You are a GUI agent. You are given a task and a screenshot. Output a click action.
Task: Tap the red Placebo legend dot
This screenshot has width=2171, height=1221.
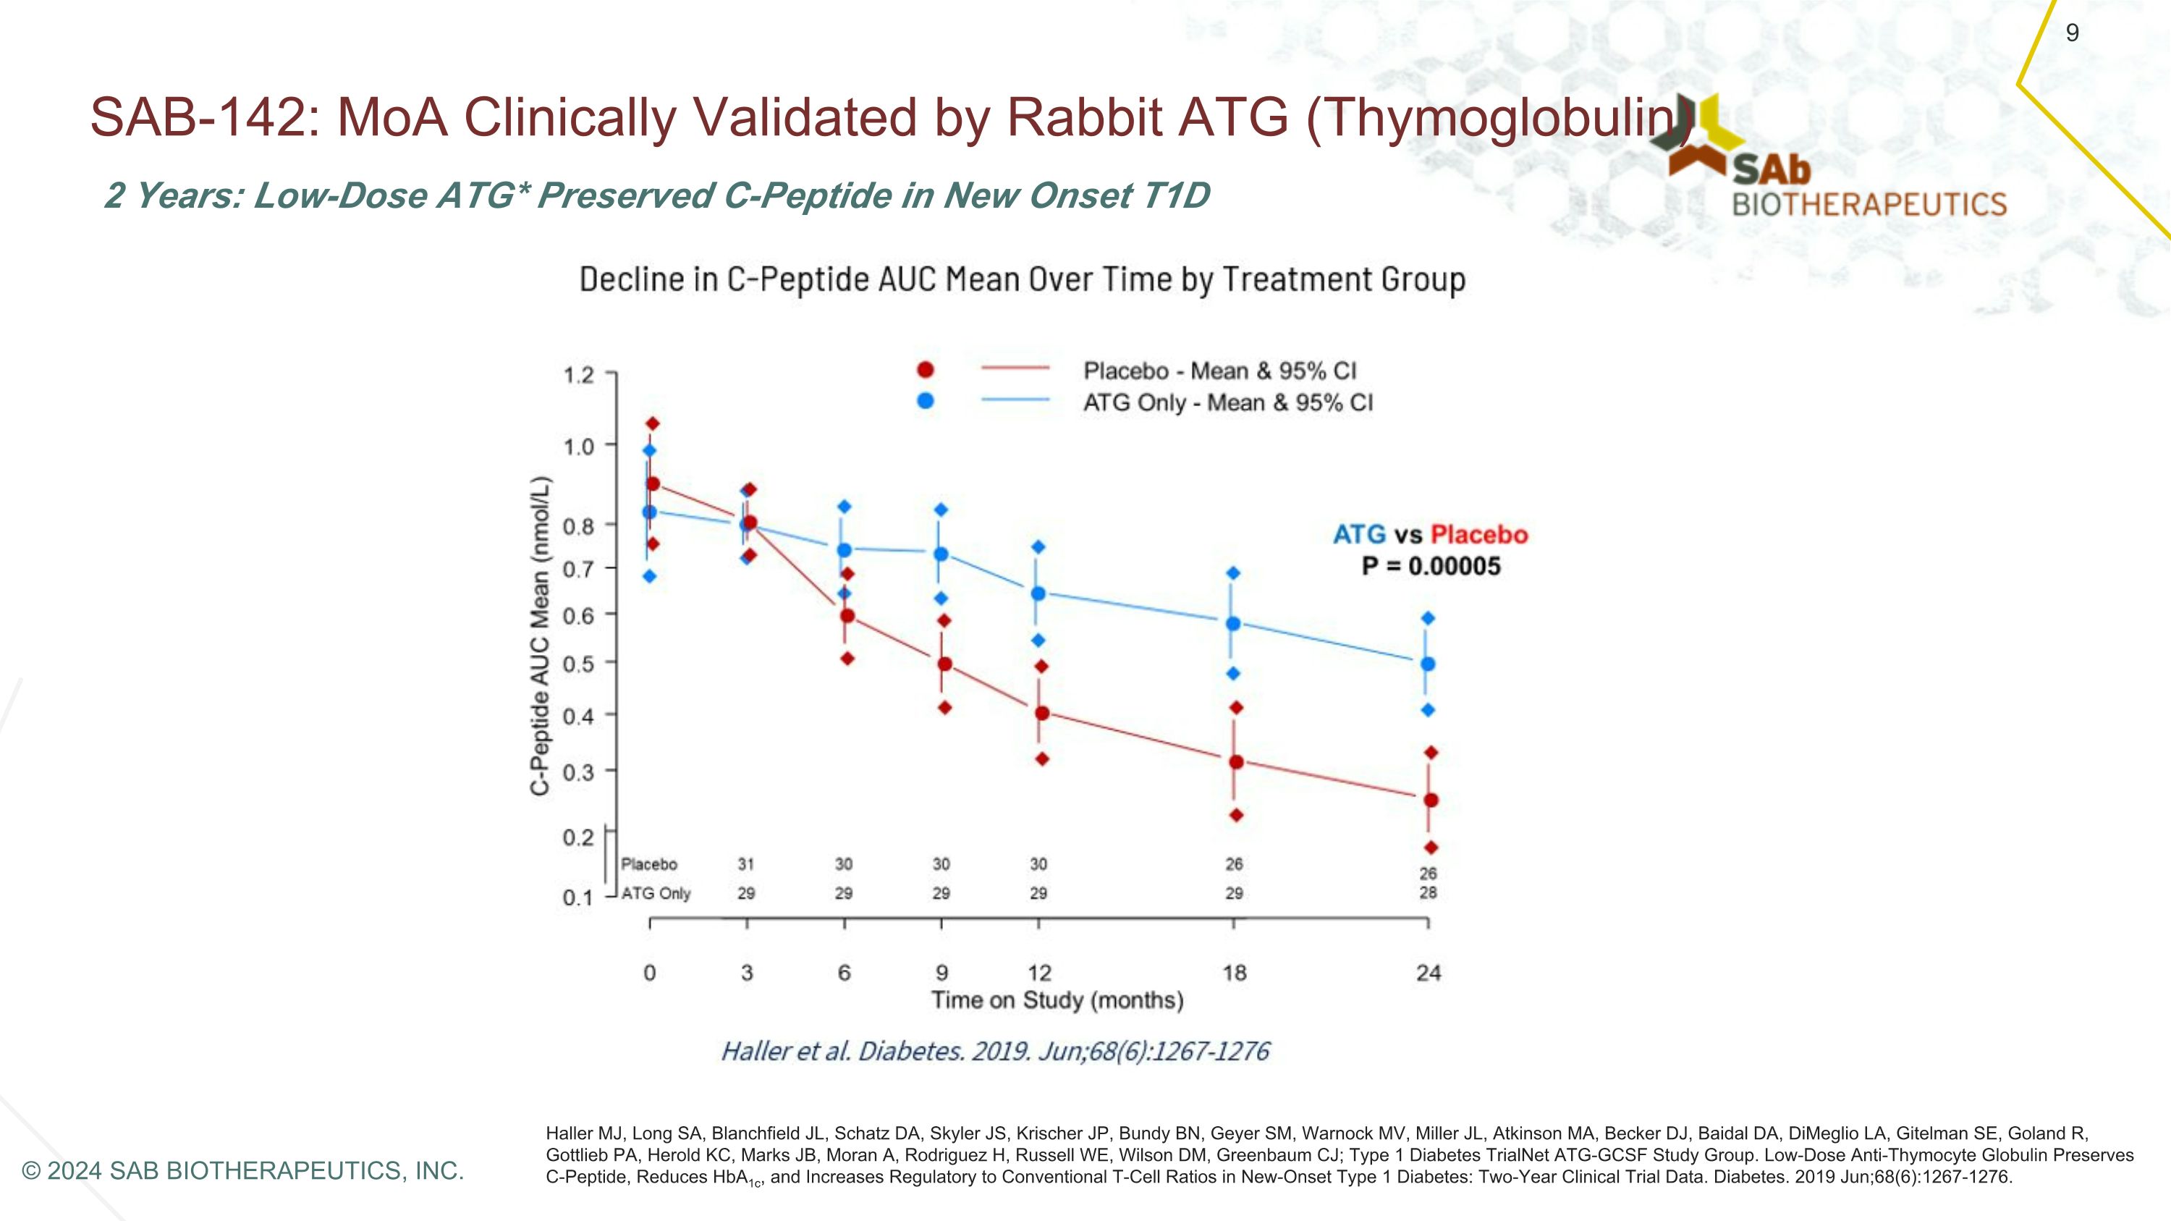[926, 370]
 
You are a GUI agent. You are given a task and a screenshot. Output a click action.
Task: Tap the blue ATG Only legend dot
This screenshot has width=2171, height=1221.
[926, 401]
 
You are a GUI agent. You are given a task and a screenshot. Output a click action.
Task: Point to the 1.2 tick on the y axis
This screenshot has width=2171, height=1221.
[580, 374]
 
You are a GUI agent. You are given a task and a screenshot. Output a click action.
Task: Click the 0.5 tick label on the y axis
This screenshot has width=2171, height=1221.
[579, 664]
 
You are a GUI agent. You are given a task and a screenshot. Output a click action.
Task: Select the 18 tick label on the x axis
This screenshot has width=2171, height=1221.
[1234, 973]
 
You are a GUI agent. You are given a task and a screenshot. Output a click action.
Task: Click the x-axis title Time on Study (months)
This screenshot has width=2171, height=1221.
[1057, 1000]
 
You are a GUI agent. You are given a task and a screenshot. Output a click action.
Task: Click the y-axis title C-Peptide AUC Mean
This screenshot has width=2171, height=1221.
[541, 636]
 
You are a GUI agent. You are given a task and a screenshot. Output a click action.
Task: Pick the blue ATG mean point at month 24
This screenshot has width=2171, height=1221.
[1428, 664]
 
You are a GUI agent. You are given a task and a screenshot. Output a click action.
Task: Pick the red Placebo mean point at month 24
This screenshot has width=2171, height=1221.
[1430, 800]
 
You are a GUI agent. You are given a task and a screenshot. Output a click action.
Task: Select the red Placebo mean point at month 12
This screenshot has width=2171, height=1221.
[1041, 713]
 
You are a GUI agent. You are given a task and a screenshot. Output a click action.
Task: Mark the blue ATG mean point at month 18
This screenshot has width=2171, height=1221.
[1233, 624]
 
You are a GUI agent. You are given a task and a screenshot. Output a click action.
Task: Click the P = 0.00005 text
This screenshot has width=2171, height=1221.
[1431, 566]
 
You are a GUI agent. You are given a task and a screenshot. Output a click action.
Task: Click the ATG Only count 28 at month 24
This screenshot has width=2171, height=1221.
[1428, 892]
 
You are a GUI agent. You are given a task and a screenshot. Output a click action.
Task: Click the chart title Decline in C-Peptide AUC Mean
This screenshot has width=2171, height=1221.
[1021, 279]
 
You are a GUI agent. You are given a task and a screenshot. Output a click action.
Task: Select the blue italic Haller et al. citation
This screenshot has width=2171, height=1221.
[994, 1051]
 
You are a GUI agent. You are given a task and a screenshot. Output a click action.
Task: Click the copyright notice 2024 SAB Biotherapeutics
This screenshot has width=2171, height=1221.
[242, 1170]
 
